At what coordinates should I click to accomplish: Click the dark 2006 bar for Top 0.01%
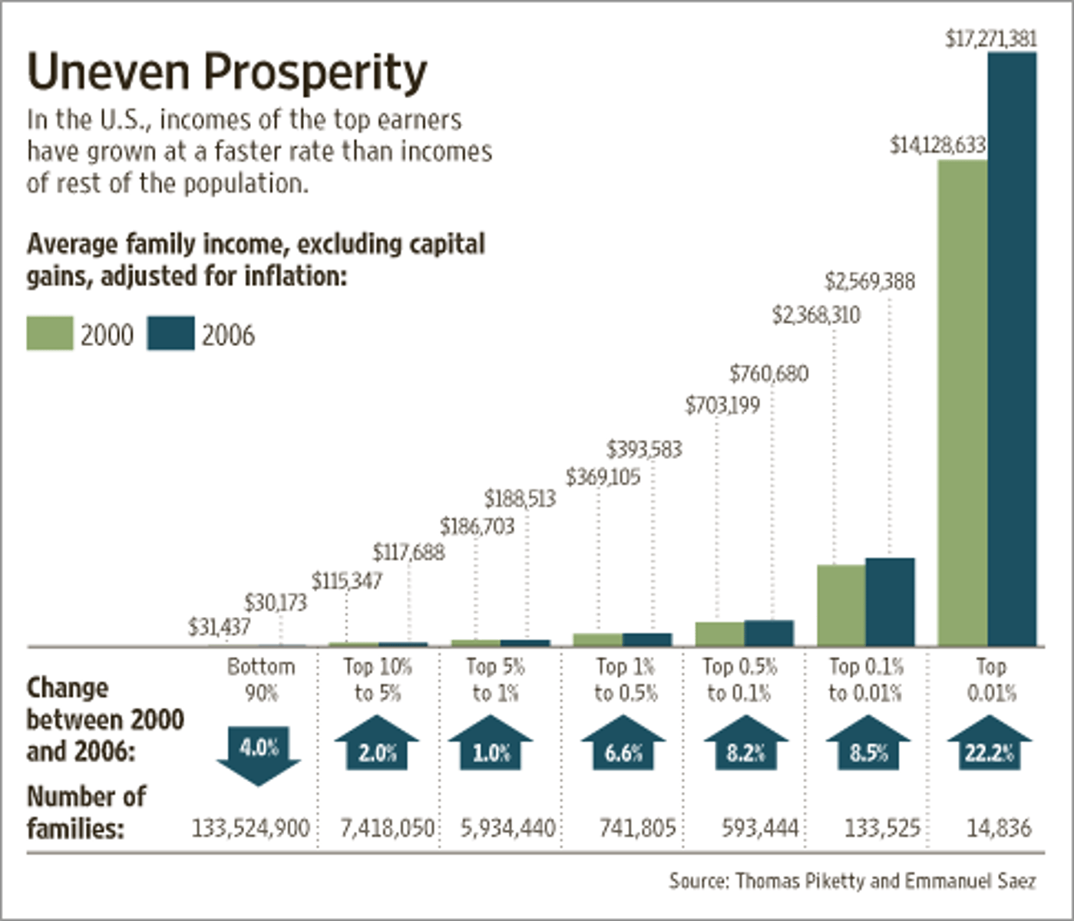click(1012, 349)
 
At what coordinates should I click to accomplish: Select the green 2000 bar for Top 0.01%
click(963, 403)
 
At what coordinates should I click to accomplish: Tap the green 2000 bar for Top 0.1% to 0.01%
click(841, 605)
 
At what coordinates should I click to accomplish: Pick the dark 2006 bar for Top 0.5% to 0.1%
click(768, 633)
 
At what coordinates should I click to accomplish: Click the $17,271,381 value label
click(990, 38)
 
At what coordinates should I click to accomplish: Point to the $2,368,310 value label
click(816, 315)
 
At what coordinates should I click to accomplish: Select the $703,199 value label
click(722, 404)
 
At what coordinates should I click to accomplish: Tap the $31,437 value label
click(219, 627)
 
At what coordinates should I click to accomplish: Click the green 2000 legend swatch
click(50, 334)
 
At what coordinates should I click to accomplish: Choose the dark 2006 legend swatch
click(170, 334)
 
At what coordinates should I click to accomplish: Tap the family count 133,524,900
click(250, 828)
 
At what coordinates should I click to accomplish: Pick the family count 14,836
click(999, 828)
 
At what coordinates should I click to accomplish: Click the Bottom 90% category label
click(261, 679)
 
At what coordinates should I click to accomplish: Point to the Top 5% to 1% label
click(495, 679)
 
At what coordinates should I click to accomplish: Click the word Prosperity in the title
click(315, 73)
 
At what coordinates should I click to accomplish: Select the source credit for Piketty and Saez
click(852, 880)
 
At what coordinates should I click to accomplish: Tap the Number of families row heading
click(86, 812)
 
